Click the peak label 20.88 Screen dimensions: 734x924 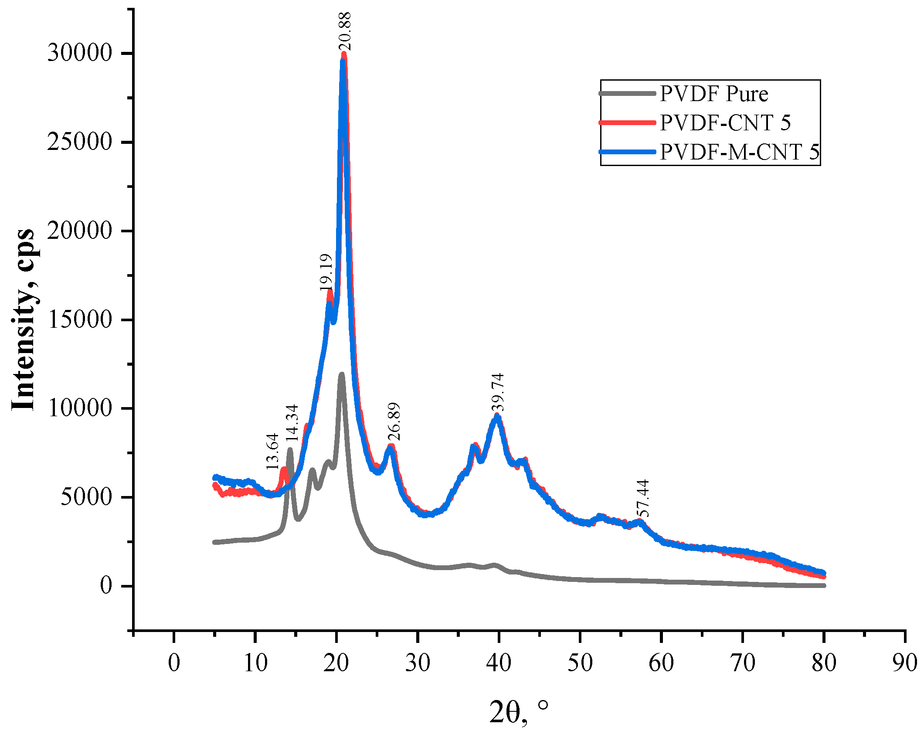(344, 31)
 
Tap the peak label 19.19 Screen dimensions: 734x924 (326, 272)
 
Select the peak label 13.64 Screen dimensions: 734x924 (272, 451)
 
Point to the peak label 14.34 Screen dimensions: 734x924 (292, 423)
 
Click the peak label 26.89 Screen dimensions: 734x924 (394, 422)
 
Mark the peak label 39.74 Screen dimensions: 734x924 (497, 392)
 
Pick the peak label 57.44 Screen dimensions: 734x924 (642, 498)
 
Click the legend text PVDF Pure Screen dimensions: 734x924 (713, 94)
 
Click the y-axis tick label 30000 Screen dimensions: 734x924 (80, 53)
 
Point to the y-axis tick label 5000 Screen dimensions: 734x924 (86, 497)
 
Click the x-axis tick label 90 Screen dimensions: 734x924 (904, 663)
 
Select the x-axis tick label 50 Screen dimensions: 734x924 (580, 663)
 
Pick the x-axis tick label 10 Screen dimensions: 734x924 (255, 663)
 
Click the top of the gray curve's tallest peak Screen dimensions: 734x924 (342, 374)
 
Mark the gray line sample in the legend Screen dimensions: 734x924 (628, 93)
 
